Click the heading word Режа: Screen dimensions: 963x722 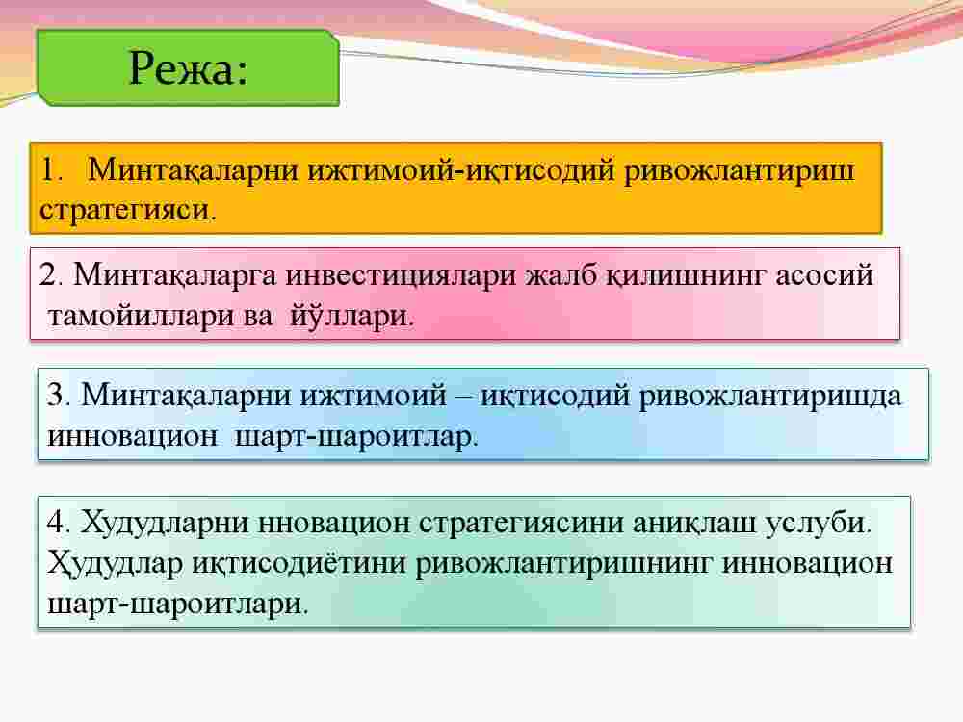point(188,67)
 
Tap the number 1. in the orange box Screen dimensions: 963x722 point(51,169)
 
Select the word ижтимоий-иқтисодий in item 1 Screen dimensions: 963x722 point(460,170)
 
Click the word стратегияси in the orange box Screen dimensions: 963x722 point(125,210)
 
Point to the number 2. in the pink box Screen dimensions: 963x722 point(51,274)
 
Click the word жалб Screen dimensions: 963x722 point(560,275)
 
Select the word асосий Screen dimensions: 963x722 point(824,275)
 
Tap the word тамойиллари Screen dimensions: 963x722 point(131,316)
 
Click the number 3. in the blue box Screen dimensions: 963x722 point(59,395)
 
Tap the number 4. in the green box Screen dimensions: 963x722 point(59,523)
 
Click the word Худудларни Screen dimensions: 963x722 point(165,524)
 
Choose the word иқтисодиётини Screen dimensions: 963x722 point(299,563)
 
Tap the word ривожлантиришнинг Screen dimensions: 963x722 point(564,564)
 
